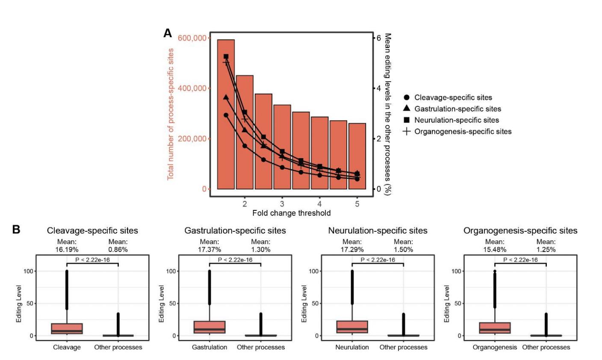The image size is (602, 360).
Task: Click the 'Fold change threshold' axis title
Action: coord(291,213)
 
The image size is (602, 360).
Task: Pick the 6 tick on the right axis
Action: coord(378,38)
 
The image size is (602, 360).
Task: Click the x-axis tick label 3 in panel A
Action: coord(282,203)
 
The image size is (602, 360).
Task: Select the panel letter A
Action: coord(168,33)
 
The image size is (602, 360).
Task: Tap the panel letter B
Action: coord(16,230)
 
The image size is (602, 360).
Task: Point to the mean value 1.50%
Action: coord(403,249)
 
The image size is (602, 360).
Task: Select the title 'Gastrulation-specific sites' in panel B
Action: coord(235,230)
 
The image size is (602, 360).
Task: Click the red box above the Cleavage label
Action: coord(67,329)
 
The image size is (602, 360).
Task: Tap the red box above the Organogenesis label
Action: coord(495,328)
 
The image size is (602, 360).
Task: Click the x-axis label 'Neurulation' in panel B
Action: coord(352,347)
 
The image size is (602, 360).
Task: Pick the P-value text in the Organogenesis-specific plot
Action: coord(520,260)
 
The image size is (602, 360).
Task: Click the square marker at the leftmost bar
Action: coord(226,56)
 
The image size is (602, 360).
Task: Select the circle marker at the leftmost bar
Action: coord(226,115)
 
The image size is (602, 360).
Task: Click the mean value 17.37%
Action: coord(209,249)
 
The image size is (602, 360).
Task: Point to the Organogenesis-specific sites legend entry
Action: coord(463,132)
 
